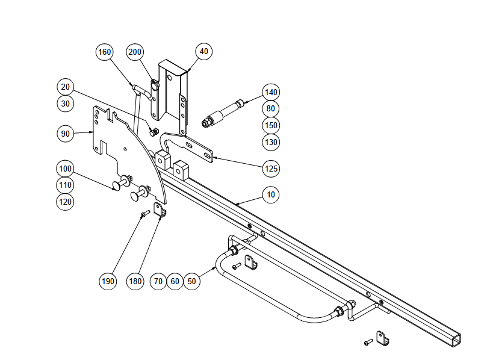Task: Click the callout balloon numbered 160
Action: click(105, 52)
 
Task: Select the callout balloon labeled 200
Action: click(135, 52)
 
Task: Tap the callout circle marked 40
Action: click(203, 52)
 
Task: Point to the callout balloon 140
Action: click(272, 92)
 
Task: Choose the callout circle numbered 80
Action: click(272, 109)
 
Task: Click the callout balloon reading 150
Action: click(272, 126)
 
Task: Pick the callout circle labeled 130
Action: click(272, 143)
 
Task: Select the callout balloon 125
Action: click(272, 169)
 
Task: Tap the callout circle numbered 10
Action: click(272, 194)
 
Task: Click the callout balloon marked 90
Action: click(66, 133)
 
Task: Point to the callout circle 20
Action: click(66, 86)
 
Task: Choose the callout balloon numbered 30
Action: click(66, 103)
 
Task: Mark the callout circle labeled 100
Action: click(66, 167)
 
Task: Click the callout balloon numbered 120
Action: click(66, 201)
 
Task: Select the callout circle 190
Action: click(108, 281)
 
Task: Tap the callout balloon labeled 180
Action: click(135, 281)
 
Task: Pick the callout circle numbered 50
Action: click(191, 281)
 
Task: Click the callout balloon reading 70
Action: click(158, 281)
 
